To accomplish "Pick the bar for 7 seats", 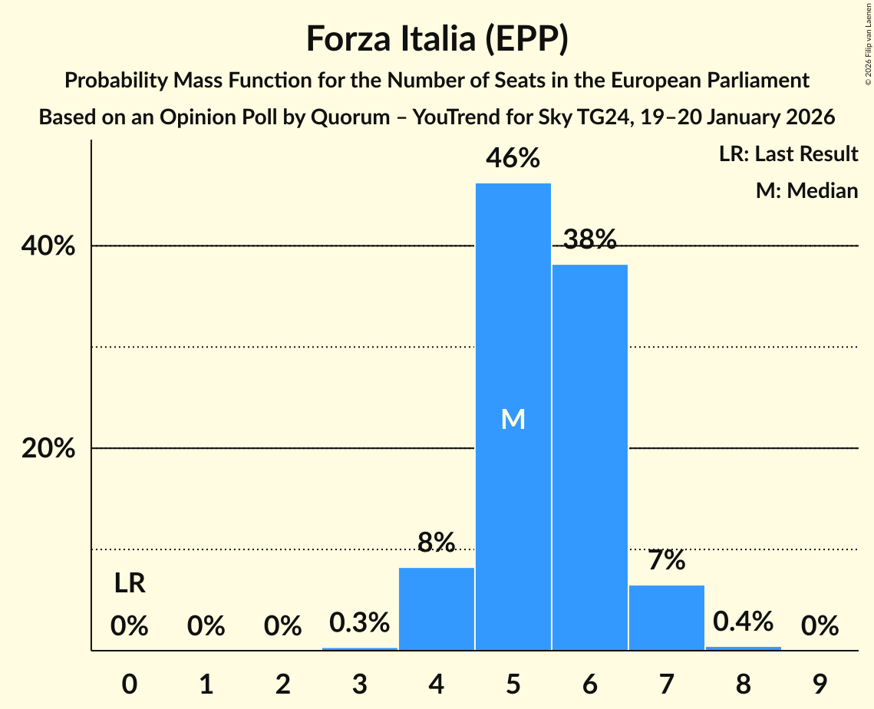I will (x=666, y=617).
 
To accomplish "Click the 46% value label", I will (x=513, y=159).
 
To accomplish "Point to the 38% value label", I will (x=589, y=240).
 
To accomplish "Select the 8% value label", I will (x=436, y=543).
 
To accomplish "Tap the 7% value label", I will (x=666, y=561).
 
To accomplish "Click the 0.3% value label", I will (x=359, y=622).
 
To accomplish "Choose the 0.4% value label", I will (x=743, y=622).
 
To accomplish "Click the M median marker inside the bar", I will (x=513, y=419).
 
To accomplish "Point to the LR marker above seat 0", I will (x=130, y=584).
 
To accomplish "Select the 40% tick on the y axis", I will (x=48, y=246).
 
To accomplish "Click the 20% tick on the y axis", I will (x=48, y=448).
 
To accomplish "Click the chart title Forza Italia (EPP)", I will (x=437, y=39).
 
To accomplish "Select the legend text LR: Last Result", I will (x=788, y=154).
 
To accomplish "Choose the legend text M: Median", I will (x=806, y=190).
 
